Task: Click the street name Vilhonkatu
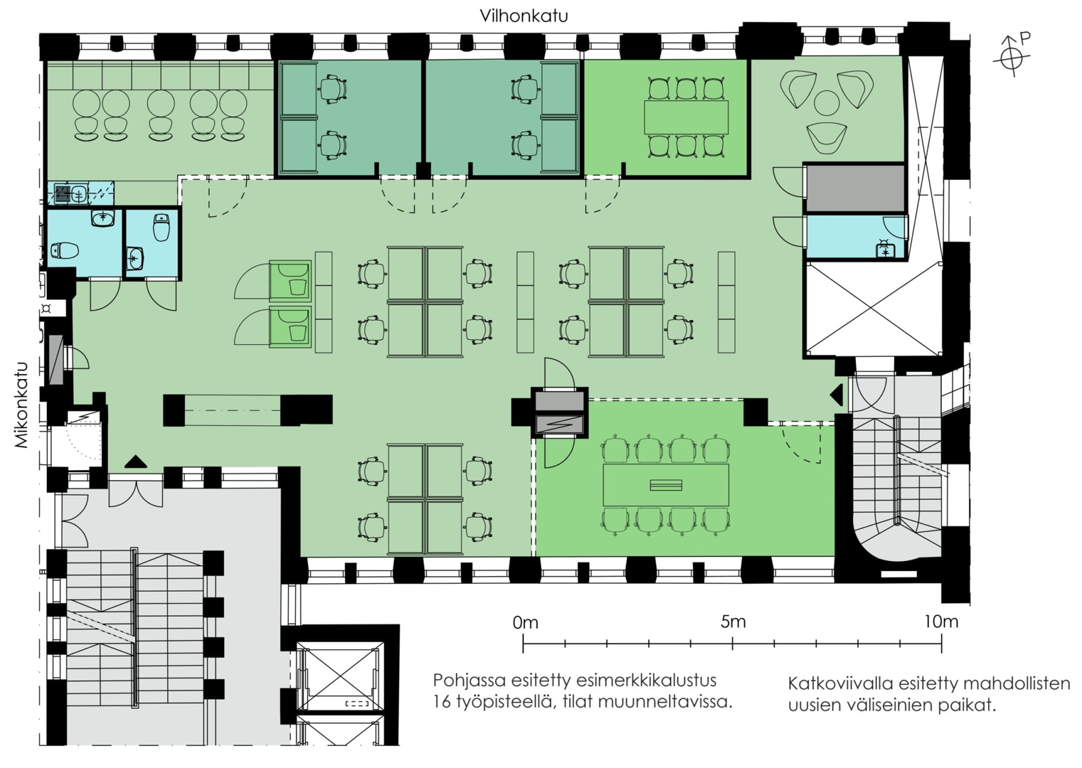(524, 16)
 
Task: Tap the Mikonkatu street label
(21, 405)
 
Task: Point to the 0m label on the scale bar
(525, 623)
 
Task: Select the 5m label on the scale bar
(733, 622)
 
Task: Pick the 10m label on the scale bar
(940, 622)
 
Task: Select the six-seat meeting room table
(686, 117)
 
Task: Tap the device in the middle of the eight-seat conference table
(666, 485)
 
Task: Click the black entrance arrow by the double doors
(135, 462)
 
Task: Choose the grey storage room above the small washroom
(854, 188)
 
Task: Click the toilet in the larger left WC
(65, 250)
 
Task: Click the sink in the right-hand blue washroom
(885, 249)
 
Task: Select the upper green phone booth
(290, 280)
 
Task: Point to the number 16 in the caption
(443, 702)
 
